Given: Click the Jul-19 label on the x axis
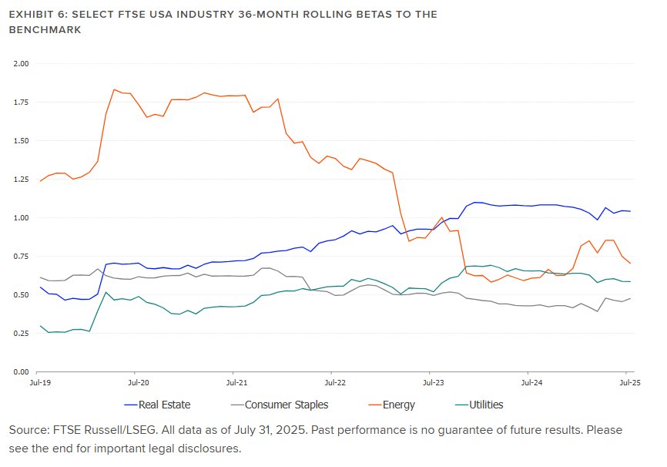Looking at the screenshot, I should coord(40,381).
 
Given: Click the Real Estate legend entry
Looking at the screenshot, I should coord(163,404).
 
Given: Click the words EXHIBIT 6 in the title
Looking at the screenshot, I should coord(35,15).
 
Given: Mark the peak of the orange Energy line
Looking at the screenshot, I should coord(114,89).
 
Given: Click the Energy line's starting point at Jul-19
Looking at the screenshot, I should coord(40,181).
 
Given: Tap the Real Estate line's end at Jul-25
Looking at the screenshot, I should coord(630,211).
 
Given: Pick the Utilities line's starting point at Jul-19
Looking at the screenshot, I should coord(40,326).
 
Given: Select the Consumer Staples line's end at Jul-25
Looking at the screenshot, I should coord(630,298).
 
